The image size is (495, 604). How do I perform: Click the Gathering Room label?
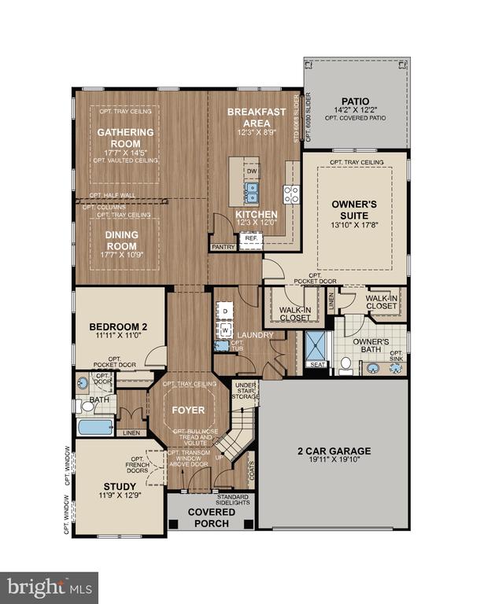point(125,138)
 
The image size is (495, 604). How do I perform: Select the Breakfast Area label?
point(257,117)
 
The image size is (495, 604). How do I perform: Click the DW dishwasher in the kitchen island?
point(252,170)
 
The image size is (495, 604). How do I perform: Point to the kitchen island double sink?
point(252,190)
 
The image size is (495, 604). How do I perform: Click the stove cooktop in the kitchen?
point(291,193)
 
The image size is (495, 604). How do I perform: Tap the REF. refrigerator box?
point(251,238)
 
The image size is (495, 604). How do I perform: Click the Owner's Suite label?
point(355,208)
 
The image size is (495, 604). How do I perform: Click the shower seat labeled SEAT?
point(318,364)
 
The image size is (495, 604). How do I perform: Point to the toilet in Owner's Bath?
point(345,363)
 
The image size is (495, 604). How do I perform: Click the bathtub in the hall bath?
point(95,427)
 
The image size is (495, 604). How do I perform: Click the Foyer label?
point(188,410)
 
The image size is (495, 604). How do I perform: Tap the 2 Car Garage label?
point(334,451)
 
